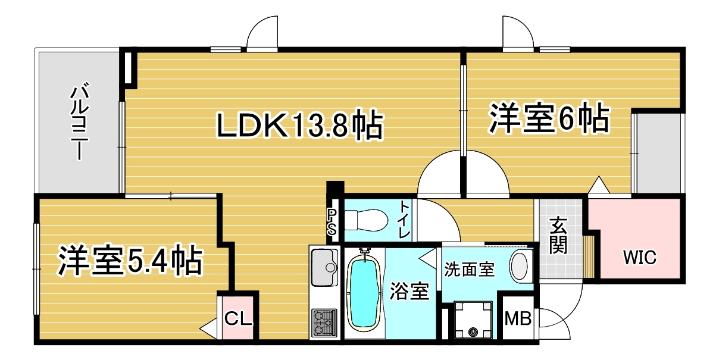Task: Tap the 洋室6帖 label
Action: click(549, 119)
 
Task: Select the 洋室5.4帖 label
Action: click(130, 260)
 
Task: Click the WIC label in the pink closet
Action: click(640, 258)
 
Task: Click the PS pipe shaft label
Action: click(332, 221)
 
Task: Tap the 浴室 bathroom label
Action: click(409, 292)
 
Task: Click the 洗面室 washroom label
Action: click(470, 270)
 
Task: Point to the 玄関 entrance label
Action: click(558, 236)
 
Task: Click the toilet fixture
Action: click(366, 219)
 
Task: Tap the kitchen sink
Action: click(324, 267)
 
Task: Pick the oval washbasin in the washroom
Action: click(520, 266)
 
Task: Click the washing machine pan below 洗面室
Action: click(474, 320)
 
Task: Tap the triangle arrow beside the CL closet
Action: click(208, 328)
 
